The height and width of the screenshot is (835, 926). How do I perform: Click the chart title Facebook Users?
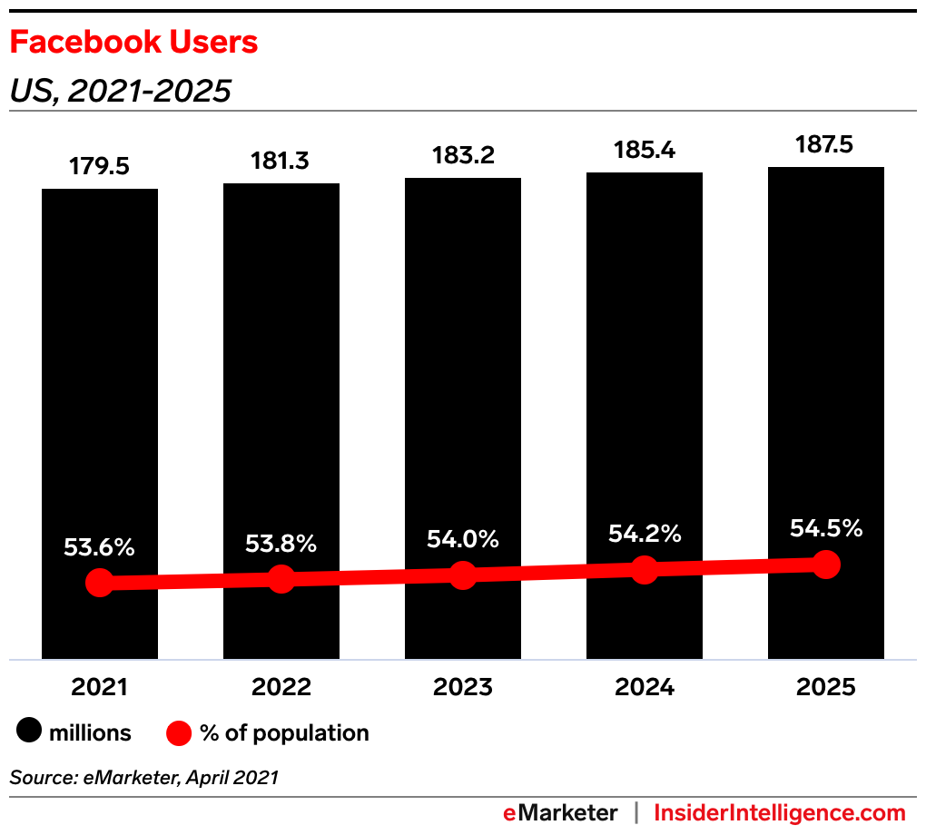133,43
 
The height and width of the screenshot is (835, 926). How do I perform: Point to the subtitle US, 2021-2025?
121,91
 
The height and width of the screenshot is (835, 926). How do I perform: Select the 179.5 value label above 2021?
100,167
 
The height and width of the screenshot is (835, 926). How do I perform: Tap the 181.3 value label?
281,162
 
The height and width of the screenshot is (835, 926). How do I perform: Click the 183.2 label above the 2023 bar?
463,156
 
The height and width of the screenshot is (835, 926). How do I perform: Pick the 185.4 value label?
645,150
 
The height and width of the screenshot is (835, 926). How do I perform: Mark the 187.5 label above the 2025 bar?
826,145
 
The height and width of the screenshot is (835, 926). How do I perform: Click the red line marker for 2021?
100,583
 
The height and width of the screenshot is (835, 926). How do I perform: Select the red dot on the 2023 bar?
463,575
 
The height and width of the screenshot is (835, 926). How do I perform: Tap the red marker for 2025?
826,564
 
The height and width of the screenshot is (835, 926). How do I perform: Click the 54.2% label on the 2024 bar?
645,534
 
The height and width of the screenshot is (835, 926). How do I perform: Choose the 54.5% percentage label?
826,528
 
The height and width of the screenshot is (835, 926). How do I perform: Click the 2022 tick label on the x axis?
281,687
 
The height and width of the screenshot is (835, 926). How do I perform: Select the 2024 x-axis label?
645,687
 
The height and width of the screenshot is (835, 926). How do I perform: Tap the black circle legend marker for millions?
29,732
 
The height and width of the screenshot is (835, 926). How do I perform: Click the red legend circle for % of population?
179,732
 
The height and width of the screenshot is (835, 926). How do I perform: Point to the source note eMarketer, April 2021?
144,777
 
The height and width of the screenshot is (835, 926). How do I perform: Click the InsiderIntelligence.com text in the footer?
780,812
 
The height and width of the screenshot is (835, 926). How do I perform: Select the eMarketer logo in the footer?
560,812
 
